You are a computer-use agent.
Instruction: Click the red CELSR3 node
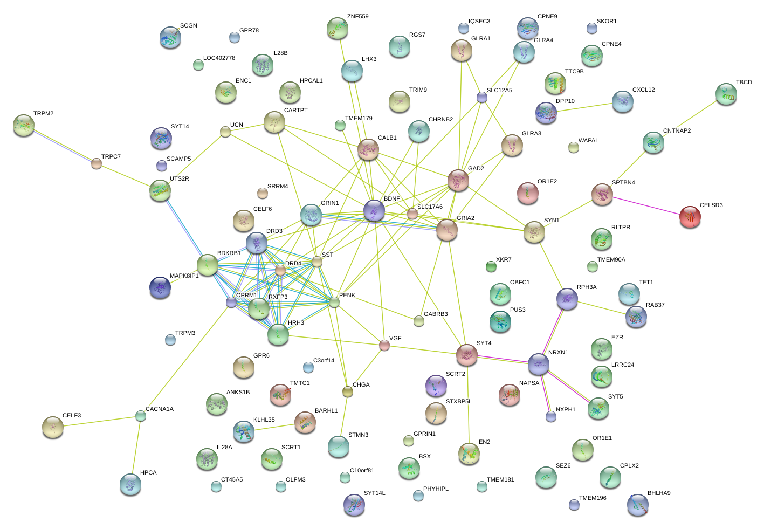690,216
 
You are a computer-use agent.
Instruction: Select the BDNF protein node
374,210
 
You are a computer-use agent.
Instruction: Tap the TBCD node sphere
726,94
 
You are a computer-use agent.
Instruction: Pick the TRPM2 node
24,125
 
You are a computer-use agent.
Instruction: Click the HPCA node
130,484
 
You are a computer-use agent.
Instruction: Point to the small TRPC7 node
97,163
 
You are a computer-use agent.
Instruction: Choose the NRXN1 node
539,365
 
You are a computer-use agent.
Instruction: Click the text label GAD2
476,169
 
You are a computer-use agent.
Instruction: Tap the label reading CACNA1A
160,409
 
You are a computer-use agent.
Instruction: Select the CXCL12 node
623,101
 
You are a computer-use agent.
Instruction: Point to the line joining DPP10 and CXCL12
584,107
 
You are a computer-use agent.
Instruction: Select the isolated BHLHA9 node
638,505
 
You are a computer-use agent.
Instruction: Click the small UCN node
225,132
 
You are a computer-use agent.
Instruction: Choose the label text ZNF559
358,17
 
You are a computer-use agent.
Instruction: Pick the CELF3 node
53,427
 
